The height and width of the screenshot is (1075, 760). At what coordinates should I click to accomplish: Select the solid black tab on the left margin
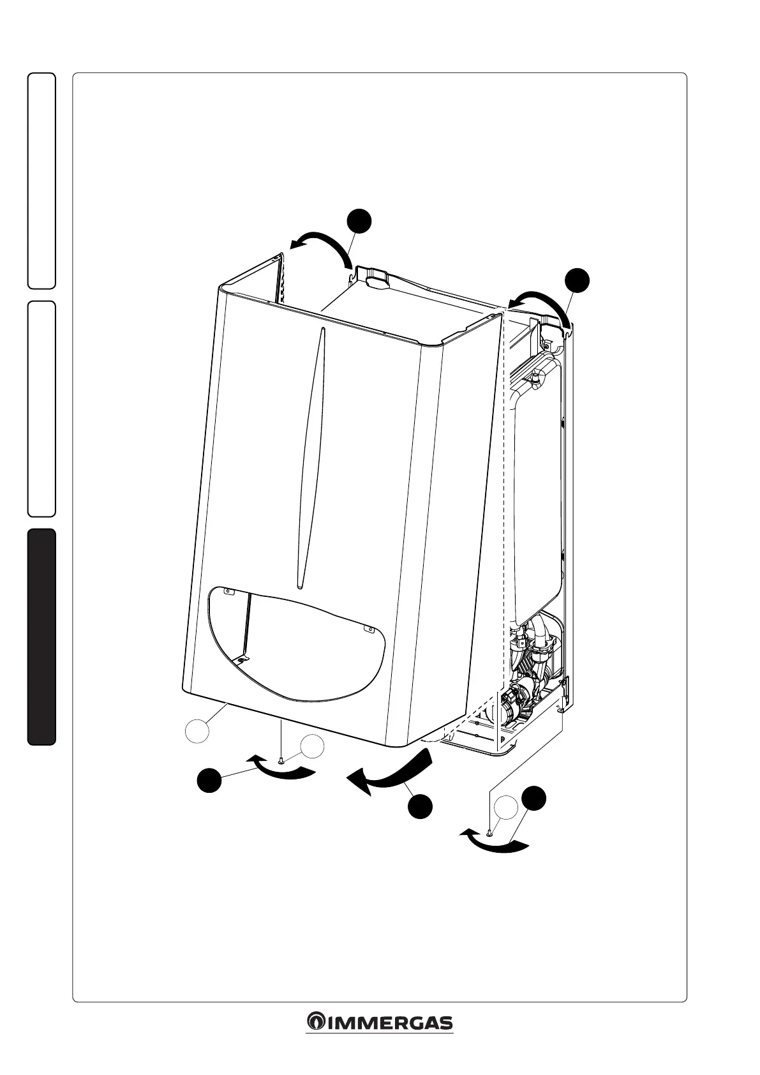point(41,636)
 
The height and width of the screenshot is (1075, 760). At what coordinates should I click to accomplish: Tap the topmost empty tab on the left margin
point(41,181)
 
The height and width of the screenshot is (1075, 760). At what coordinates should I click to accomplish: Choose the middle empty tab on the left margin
point(41,409)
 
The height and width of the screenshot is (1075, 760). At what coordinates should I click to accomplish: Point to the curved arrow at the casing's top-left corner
point(321,248)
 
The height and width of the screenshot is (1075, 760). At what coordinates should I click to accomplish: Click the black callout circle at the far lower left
point(209,781)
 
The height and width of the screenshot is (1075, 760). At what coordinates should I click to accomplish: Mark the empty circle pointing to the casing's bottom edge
point(197,730)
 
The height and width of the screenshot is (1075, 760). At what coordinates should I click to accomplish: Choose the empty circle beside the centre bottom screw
point(312,747)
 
